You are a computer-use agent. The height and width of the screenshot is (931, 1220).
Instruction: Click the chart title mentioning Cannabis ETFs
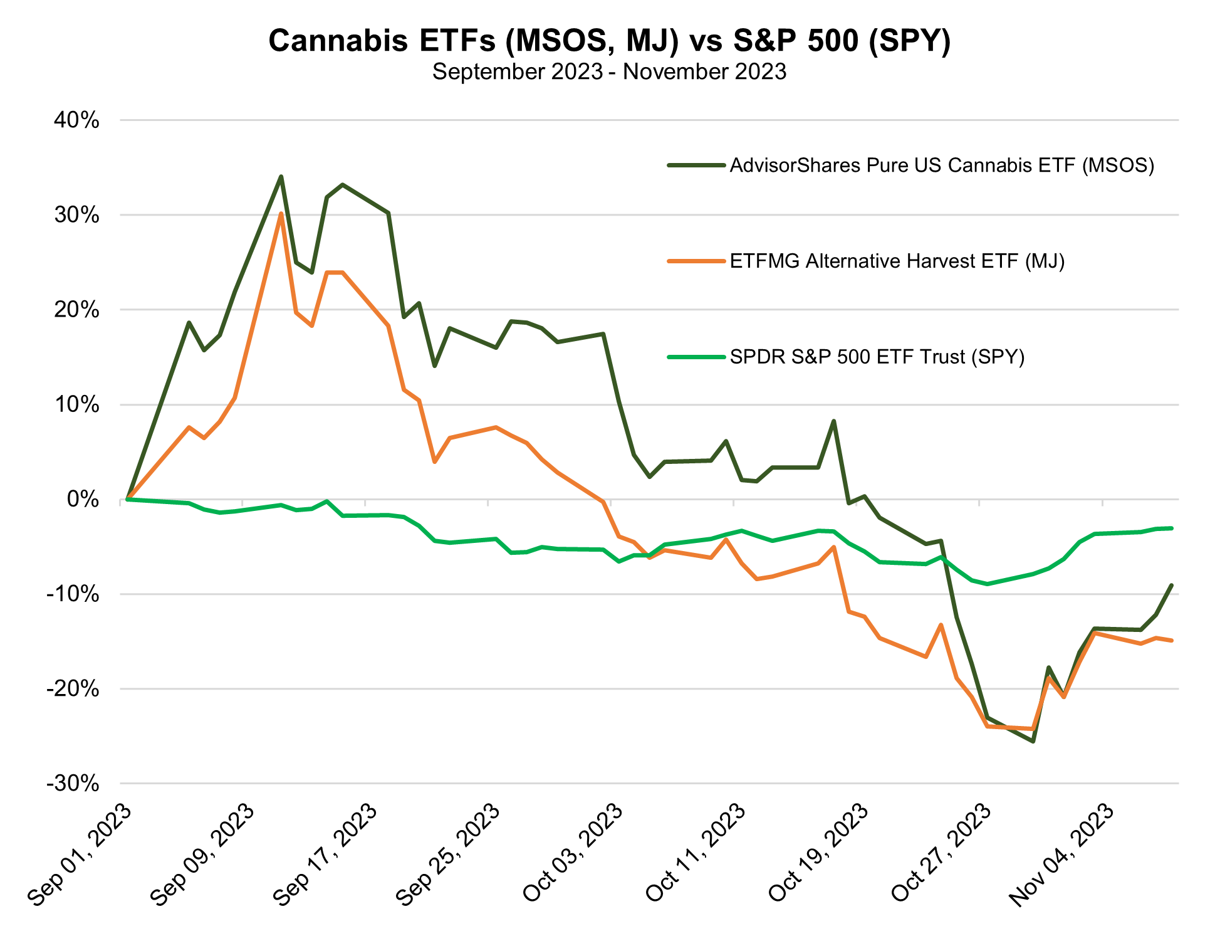[x=609, y=41]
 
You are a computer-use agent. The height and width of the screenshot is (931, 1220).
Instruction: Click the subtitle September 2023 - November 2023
[x=609, y=72]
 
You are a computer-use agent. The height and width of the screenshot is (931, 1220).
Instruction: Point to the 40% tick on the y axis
[x=77, y=120]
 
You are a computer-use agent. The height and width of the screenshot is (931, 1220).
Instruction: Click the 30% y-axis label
[x=77, y=215]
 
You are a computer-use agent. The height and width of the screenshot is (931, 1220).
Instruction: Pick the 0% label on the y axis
[x=83, y=500]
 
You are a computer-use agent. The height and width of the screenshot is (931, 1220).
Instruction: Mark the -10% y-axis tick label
[x=73, y=594]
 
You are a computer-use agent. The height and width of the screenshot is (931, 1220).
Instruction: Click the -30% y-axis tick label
[x=73, y=784]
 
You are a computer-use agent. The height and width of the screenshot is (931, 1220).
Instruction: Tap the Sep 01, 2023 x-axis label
[x=80, y=854]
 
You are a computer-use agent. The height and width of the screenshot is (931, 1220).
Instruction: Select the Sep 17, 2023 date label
[x=326, y=854]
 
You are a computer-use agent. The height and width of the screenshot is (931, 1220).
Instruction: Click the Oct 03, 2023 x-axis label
[x=573, y=854]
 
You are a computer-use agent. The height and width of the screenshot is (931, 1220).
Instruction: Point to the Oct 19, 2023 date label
[x=818, y=854]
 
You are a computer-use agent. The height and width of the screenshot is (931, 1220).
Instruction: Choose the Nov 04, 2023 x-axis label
[x=1064, y=854]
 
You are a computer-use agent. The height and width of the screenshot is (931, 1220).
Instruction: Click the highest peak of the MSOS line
[x=281, y=177]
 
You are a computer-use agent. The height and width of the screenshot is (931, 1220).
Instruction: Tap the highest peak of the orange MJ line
[x=281, y=214]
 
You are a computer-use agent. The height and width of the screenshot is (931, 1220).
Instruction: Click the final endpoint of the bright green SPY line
[x=1171, y=528]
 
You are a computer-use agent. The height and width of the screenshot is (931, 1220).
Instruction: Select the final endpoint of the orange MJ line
[x=1171, y=640]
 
